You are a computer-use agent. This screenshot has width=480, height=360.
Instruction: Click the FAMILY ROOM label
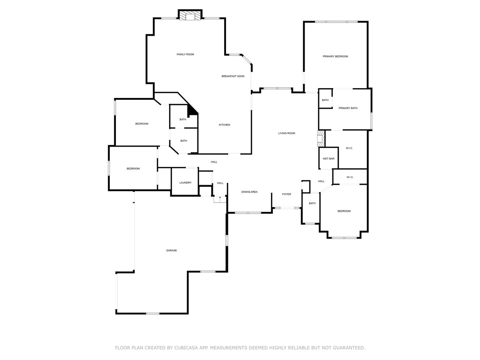[x=185, y=54]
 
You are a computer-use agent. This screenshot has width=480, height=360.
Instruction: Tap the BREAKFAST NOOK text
[x=233, y=76]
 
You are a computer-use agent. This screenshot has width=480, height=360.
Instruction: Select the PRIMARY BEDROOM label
[x=335, y=56]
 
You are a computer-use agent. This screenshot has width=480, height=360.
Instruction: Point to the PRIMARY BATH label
[x=348, y=108]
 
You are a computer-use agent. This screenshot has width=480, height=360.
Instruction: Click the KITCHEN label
[x=225, y=125]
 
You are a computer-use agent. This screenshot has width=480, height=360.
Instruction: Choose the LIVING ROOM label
[x=286, y=133]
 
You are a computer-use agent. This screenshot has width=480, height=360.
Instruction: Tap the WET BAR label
[x=329, y=159]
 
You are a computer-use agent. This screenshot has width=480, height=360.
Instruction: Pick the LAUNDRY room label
[x=185, y=182]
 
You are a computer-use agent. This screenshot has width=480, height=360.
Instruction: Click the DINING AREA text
[x=249, y=192]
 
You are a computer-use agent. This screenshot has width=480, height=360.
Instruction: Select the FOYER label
[x=286, y=194]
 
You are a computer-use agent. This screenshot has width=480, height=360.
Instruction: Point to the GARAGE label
[x=172, y=250]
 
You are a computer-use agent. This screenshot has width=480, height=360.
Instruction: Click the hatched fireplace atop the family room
[x=190, y=16]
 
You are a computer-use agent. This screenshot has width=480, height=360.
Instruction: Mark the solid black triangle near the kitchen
[x=192, y=111]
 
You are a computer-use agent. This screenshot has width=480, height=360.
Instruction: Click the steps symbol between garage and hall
[x=220, y=199]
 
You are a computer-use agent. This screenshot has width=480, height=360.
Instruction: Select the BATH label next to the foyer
[x=312, y=203]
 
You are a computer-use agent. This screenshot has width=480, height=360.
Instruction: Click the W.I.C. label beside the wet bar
[x=349, y=148]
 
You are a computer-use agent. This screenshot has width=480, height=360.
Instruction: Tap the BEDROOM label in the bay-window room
[x=344, y=211]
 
